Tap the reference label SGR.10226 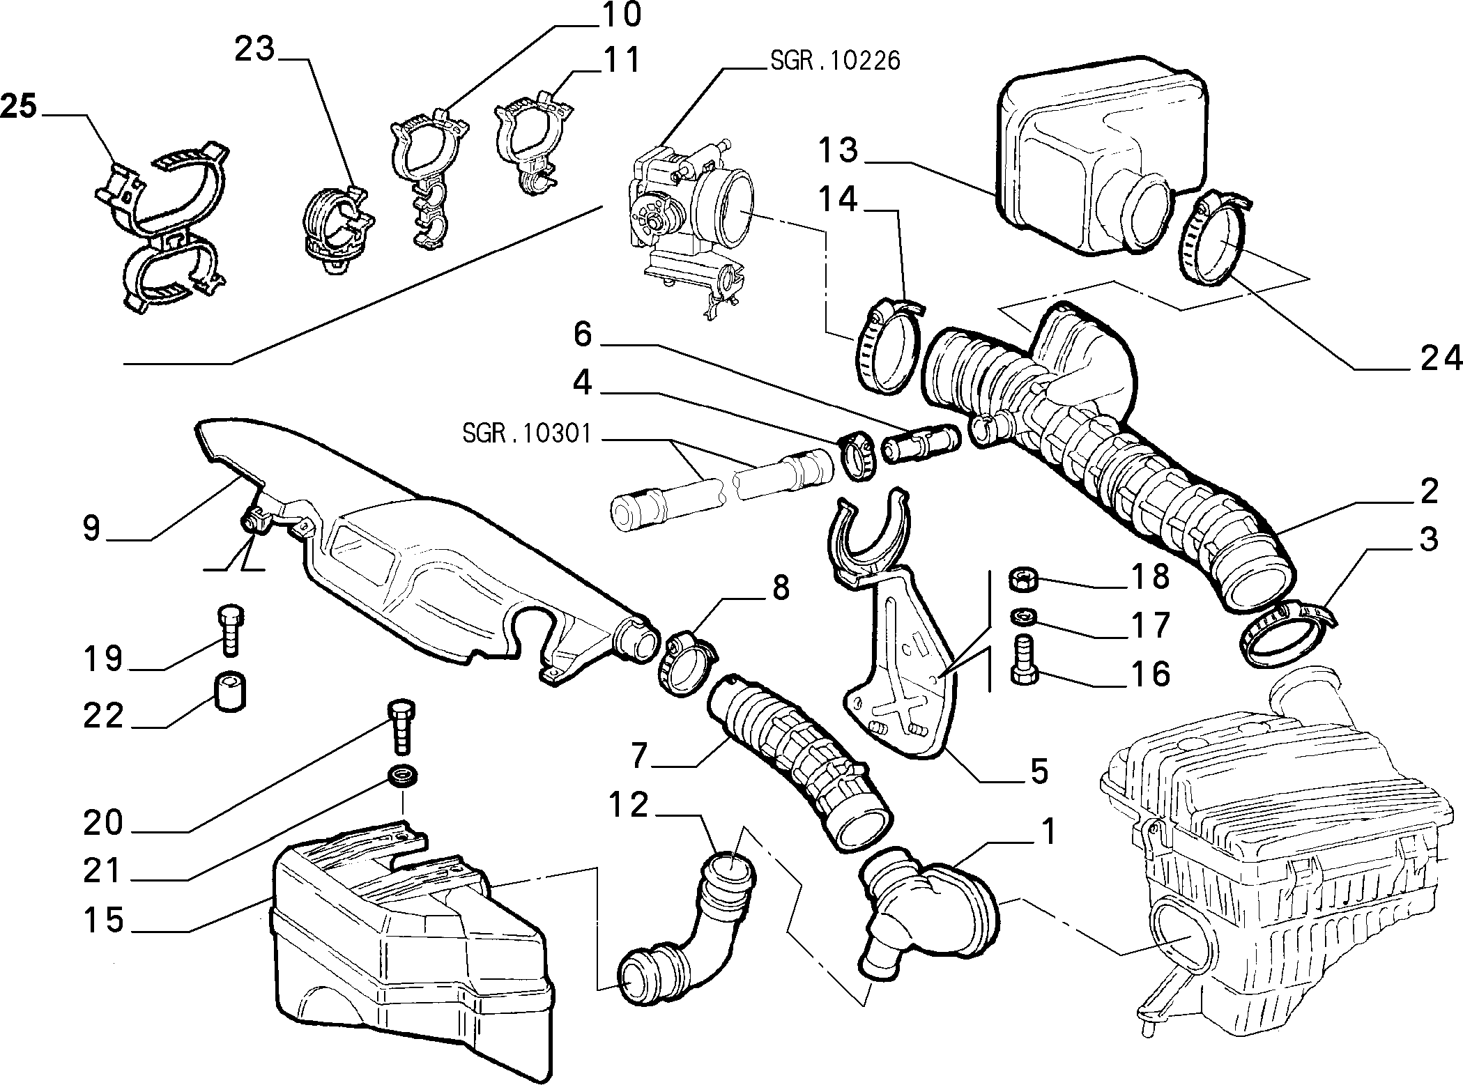click(836, 61)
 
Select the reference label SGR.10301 click(527, 434)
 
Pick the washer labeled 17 click(1021, 617)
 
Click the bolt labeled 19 click(229, 630)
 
